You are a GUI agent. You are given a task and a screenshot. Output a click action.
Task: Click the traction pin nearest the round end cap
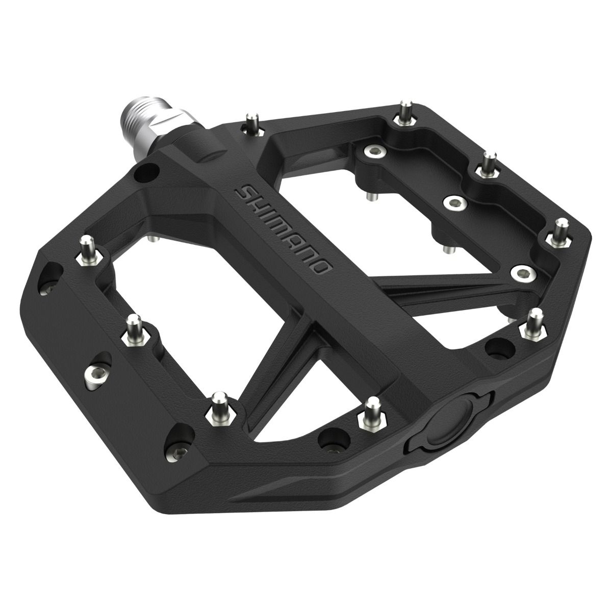point(370,413)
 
